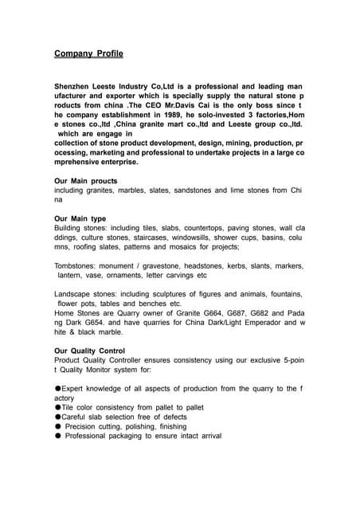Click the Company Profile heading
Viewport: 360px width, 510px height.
coord(88,54)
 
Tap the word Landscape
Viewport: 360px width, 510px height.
coord(73,294)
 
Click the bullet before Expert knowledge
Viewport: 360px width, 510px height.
coord(57,389)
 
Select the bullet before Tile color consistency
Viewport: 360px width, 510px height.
coord(57,407)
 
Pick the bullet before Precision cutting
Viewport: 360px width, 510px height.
coord(57,426)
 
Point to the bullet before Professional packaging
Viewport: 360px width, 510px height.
coord(57,436)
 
